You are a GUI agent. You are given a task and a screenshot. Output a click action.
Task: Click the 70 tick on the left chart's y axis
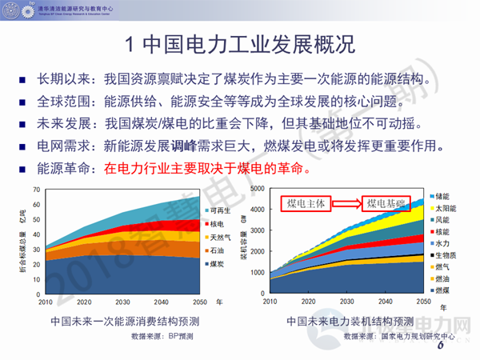point(36,190)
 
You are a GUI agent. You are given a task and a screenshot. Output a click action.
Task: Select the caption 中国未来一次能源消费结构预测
point(124,322)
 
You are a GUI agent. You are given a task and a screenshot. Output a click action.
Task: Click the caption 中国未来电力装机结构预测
point(344,322)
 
